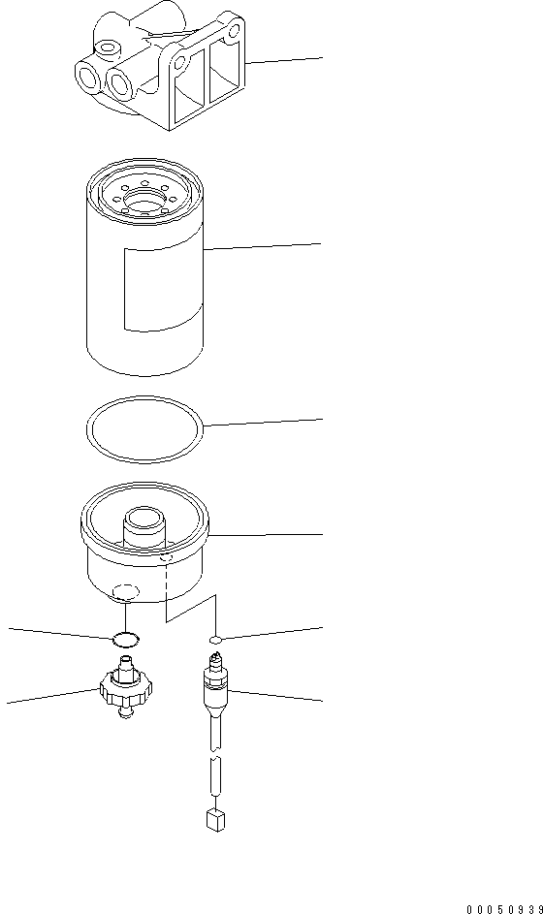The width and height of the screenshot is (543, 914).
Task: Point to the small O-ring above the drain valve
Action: pyautogui.click(x=124, y=639)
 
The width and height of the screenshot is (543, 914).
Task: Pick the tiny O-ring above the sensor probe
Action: pyautogui.click(x=216, y=640)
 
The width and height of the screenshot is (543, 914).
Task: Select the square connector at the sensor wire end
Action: pyautogui.click(x=216, y=821)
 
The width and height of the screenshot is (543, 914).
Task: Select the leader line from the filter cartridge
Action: pyautogui.click(x=262, y=247)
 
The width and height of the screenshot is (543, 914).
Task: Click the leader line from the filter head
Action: pyautogui.click(x=286, y=60)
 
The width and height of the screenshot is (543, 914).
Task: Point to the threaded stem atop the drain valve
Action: pyautogui.click(x=124, y=667)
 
